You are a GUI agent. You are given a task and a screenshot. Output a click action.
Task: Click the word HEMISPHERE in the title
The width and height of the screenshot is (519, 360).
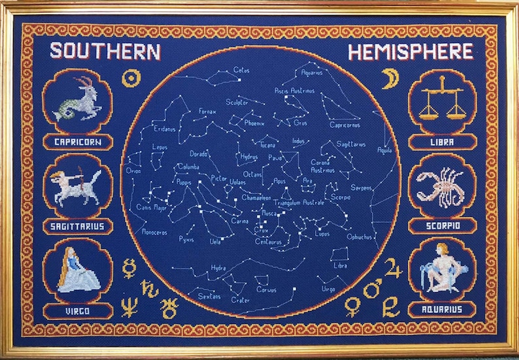(x=410, y=52)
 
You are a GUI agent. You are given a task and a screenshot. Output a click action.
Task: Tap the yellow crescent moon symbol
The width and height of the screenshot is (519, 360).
(x=390, y=78)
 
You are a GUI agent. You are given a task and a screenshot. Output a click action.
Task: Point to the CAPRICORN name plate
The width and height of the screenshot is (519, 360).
(x=76, y=142)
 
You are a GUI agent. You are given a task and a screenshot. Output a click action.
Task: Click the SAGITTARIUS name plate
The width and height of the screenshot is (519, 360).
(x=76, y=226)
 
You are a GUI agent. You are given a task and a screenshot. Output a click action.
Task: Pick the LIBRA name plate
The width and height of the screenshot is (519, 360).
(x=442, y=141)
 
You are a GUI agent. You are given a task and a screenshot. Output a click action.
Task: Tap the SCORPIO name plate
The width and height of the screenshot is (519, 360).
(x=442, y=225)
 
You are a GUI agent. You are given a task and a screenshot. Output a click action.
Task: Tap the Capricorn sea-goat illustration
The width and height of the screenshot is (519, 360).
(x=76, y=100)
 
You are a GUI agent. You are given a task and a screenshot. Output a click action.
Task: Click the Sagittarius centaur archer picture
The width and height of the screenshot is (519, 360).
(x=77, y=186)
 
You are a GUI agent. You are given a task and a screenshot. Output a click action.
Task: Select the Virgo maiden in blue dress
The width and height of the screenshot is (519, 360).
(x=76, y=270)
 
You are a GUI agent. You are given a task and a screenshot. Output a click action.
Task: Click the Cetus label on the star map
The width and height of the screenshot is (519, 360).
(x=241, y=70)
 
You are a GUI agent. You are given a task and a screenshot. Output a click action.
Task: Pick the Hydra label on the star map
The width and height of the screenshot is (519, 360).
(x=218, y=268)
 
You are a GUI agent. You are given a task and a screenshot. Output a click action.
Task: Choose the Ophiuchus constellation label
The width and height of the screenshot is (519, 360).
(x=360, y=237)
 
